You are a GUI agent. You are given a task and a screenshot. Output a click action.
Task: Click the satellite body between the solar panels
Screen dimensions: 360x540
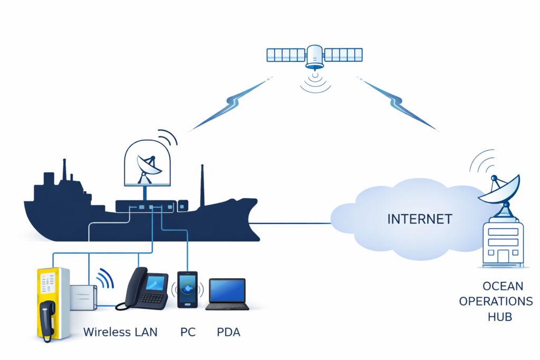315,55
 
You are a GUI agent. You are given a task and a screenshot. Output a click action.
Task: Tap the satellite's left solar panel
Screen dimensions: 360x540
286,54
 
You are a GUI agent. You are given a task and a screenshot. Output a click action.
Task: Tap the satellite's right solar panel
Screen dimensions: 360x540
343,54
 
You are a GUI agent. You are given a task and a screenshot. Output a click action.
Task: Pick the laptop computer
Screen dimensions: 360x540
227,294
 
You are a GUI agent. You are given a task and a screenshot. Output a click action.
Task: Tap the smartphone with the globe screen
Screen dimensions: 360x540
187,289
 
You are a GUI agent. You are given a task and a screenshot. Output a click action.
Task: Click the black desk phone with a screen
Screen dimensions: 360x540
143,288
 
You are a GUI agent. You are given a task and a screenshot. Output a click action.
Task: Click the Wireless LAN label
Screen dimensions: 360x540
120,333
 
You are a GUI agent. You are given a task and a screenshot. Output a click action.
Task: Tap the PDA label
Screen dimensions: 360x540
228,333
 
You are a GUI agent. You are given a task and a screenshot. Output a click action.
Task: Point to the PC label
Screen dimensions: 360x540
188,333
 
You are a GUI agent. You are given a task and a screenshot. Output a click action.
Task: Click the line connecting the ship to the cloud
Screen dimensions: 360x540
293,223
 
